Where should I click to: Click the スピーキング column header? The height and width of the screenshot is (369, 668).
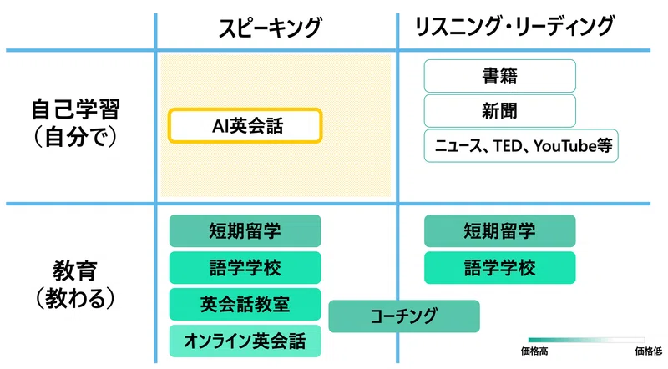click(270, 28)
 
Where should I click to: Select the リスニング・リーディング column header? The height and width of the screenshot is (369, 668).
click(514, 26)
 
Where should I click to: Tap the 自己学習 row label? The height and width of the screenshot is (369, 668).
click(75, 109)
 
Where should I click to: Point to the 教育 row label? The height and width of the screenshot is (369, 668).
click(75, 270)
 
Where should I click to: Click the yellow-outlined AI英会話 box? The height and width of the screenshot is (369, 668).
click(245, 126)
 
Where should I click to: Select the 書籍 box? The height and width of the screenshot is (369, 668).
click(499, 76)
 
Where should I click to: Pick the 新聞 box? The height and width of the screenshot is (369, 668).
click(499, 111)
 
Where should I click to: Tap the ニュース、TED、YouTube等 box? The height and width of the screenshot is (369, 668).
click(520, 146)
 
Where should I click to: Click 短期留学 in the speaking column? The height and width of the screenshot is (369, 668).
click(245, 231)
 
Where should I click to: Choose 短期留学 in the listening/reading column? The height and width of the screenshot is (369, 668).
click(499, 231)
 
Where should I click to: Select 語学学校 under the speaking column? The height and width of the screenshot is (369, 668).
click(245, 268)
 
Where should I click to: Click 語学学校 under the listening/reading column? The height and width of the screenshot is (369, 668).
click(499, 268)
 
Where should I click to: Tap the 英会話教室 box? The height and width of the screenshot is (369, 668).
click(245, 304)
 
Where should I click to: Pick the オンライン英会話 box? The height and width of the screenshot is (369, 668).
click(245, 341)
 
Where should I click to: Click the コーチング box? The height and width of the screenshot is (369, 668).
click(404, 316)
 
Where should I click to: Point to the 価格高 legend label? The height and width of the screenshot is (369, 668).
click(534, 351)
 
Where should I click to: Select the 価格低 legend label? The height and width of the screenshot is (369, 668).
click(649, 351)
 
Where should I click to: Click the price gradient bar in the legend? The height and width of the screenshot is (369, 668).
click(586, 340)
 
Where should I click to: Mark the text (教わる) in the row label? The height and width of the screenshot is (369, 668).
click(75, 298)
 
